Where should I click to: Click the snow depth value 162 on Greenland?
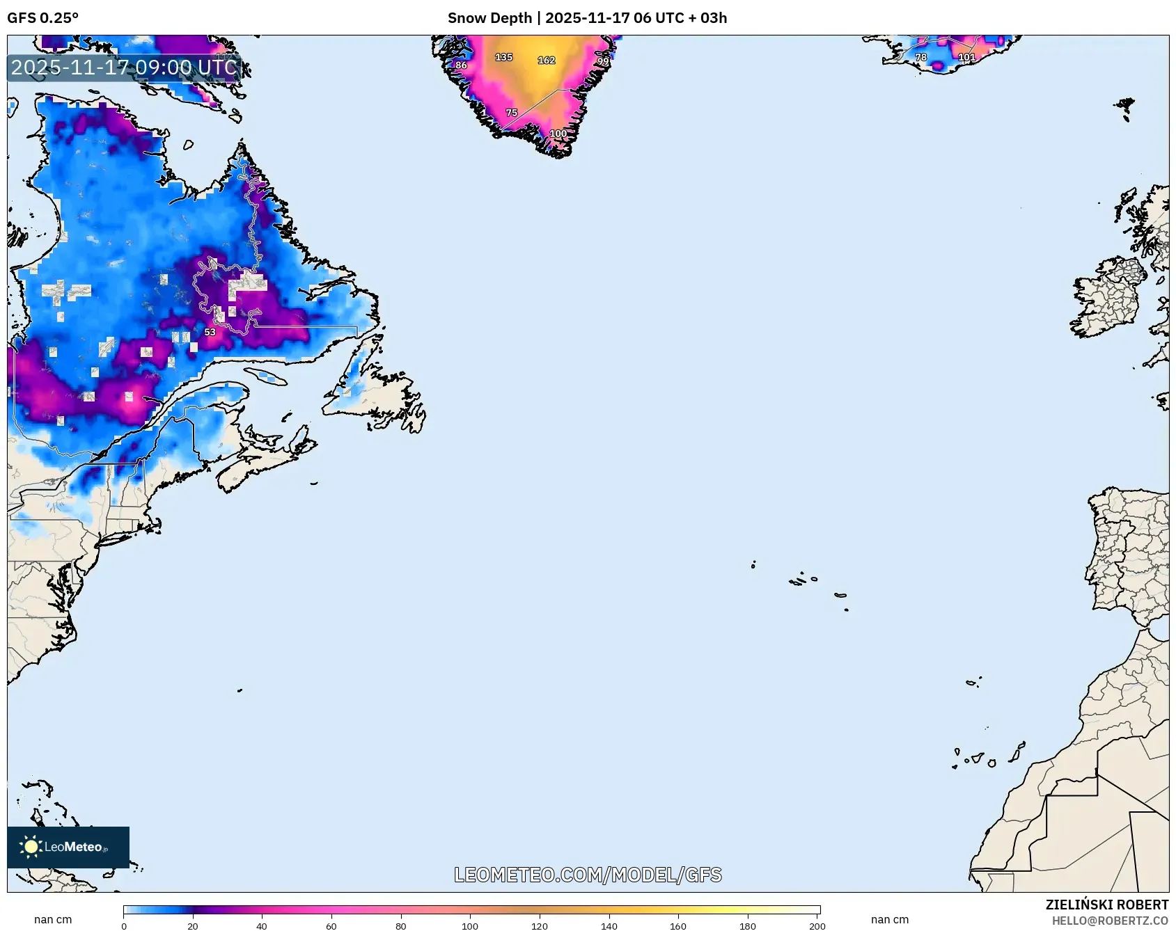point(546,61)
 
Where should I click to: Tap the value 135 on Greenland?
point(503,57)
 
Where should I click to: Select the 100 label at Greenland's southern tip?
point(558,134)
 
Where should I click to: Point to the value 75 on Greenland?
point(511,113)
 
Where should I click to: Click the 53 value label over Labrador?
point(210,333)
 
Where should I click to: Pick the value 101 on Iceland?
point(966,57)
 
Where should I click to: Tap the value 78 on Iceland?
point(920,57)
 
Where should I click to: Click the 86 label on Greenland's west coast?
point(461,65)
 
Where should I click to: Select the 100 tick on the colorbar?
point(470,926)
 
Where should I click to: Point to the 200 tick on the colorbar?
point(817,926)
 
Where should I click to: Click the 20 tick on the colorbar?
point(193,926)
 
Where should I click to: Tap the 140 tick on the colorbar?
point(609,926)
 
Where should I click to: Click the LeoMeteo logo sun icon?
point(31,847)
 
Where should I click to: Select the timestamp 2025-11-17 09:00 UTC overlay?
point(124,67)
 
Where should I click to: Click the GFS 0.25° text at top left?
point(42,18)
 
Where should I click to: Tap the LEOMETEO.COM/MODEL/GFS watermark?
point(588,875)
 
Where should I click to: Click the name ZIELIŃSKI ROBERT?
point(1106,905)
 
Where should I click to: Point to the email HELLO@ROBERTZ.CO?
point(1109,921)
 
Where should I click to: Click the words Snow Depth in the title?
point(489,18)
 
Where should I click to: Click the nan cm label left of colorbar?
point(53,919)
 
